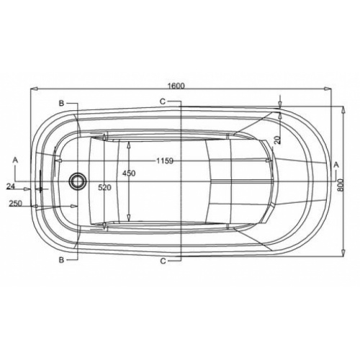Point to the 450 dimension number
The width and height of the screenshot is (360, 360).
[128, 174]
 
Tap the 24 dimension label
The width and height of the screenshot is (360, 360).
[11, 186]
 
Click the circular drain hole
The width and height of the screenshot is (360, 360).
[76, 180]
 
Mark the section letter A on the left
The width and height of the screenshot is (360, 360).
[14, 157]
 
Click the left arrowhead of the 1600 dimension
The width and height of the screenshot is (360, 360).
[32, 90]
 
